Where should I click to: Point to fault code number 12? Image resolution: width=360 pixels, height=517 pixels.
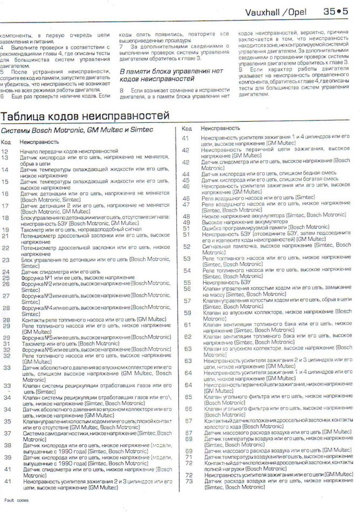[x=5, y=152]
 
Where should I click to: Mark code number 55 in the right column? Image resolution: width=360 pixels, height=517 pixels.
[x=187, y=282]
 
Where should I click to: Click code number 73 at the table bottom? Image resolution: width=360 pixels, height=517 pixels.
[x=189, y=481]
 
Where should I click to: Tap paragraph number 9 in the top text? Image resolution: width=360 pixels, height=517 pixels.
[x=240, y=69]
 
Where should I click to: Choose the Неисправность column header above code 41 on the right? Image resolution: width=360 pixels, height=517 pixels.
[x=220, y=129]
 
